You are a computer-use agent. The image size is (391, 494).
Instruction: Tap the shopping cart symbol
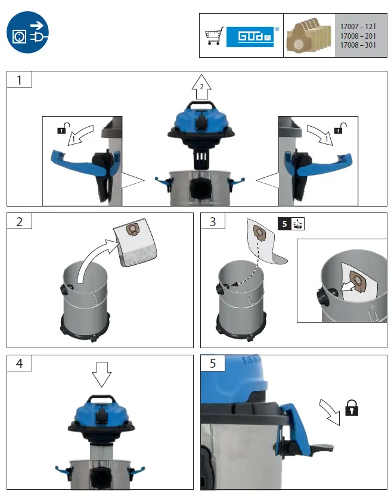[213, 36]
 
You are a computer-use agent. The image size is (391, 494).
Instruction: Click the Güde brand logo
[253, 36]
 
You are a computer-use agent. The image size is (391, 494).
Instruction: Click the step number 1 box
[19, 79]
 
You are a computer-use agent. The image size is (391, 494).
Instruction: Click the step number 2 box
[19, 221]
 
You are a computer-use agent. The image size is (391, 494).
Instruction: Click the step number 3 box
[213, 221]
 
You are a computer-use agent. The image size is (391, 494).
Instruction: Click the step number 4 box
[19, 363]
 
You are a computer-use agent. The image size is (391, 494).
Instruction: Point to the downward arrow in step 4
[102, 374]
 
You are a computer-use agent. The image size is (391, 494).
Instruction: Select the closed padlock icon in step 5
[352, 408]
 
